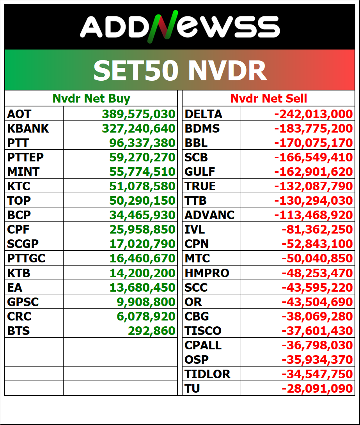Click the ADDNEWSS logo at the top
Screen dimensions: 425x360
tap(180, 28)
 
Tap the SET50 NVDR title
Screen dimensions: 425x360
tap(180, 71)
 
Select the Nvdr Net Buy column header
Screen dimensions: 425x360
tap(91, 99)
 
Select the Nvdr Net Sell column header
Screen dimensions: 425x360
tap(269, 99)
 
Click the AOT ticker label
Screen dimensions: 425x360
tap(19, 114)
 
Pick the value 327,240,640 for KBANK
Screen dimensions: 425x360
tap(138, 128)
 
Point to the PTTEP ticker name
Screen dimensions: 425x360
tap(25, 157)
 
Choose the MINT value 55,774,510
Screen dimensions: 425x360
tap(142, 172)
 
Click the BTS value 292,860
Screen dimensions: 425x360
tap(151, 331)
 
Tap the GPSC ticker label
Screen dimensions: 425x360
tap(23, 302)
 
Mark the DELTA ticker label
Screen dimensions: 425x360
tap(203, 114)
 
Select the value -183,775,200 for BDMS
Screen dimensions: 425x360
tap(313, 128)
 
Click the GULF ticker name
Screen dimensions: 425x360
tap(200, 172)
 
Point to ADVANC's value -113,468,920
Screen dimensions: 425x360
tap(313, 215)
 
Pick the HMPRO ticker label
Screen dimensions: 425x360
tap(207, 273)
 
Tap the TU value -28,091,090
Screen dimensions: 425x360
tap(317, 388)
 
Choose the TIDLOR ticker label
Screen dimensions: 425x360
tap(207, 374)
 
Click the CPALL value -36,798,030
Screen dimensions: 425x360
tap(317, 345)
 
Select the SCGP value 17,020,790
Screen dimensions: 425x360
tap(142, 244)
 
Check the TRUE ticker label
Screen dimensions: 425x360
tap(200, 186)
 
